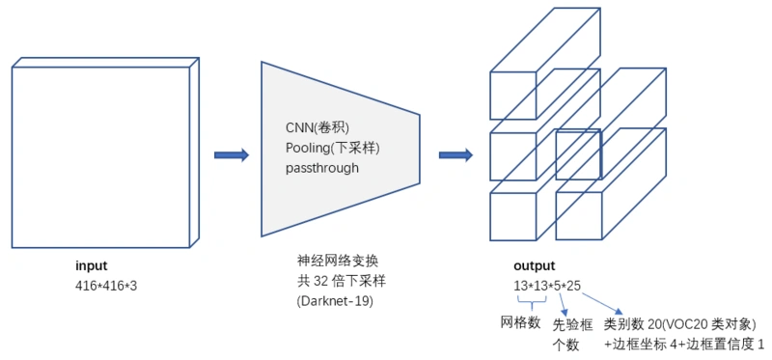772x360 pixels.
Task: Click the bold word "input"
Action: point(92,265)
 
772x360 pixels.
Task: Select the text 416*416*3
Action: point(106,286)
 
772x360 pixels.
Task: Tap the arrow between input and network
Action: point(231,155)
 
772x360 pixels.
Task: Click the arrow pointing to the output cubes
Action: point(455,155)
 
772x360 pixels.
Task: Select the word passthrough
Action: point(321,167)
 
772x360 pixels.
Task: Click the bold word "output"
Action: point(536,265)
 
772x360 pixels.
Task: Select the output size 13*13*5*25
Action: point(547,286)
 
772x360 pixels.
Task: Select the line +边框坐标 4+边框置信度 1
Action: point(684,344)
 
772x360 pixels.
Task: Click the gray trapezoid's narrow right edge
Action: point(419,149)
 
